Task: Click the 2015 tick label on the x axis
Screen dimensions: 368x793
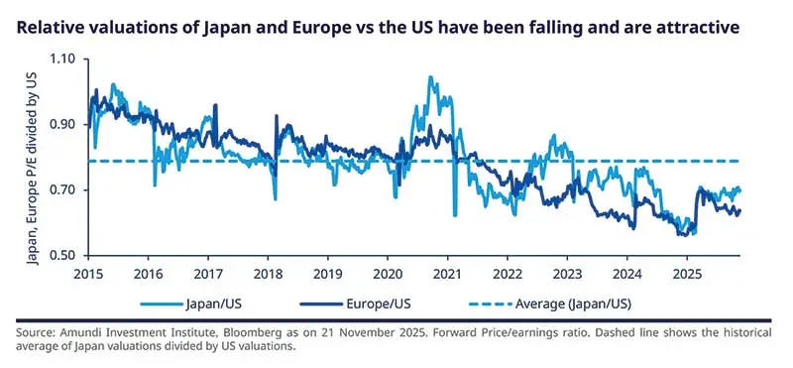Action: tap(88, 273)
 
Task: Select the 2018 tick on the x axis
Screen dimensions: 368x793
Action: tap(269, 273)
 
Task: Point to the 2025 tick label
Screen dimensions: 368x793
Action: tap(688, 273)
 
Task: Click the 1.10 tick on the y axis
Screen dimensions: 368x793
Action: tap(61, 60)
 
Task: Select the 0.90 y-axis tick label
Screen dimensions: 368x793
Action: tap(61, 125)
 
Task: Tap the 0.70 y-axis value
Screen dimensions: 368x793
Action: tap(61, 190)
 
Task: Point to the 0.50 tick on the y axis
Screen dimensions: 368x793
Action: tap(61, 256)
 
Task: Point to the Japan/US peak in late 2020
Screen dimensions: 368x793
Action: tap(430, 77)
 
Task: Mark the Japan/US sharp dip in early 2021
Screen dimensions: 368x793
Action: tap(454, 214)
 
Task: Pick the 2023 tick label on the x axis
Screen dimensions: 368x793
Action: tap(568, 273)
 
